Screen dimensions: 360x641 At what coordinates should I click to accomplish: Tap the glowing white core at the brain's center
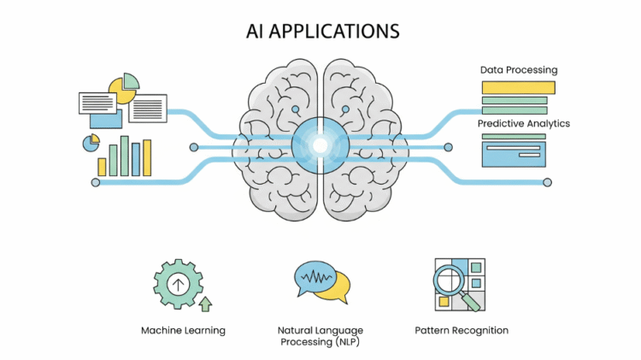tap(320, 146)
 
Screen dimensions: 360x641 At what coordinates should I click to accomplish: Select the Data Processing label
tap(518, 69)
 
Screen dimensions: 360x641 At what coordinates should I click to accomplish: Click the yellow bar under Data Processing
tap(518, 87)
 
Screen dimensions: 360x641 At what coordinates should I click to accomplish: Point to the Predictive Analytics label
tap(523, 124)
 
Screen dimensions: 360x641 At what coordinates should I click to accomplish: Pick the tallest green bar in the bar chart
tap(125, 155)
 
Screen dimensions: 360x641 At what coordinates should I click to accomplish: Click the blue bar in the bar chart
tap(136, 158)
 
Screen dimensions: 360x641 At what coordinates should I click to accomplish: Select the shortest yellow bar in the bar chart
tap(103, 166)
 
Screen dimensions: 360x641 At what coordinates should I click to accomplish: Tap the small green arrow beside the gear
tap(205, 303)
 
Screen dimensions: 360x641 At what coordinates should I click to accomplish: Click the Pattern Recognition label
tap(462, 330)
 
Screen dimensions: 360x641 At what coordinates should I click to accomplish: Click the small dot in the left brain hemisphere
tap(296, 109)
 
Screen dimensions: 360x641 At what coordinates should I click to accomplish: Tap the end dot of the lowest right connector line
tap(547, 182)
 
